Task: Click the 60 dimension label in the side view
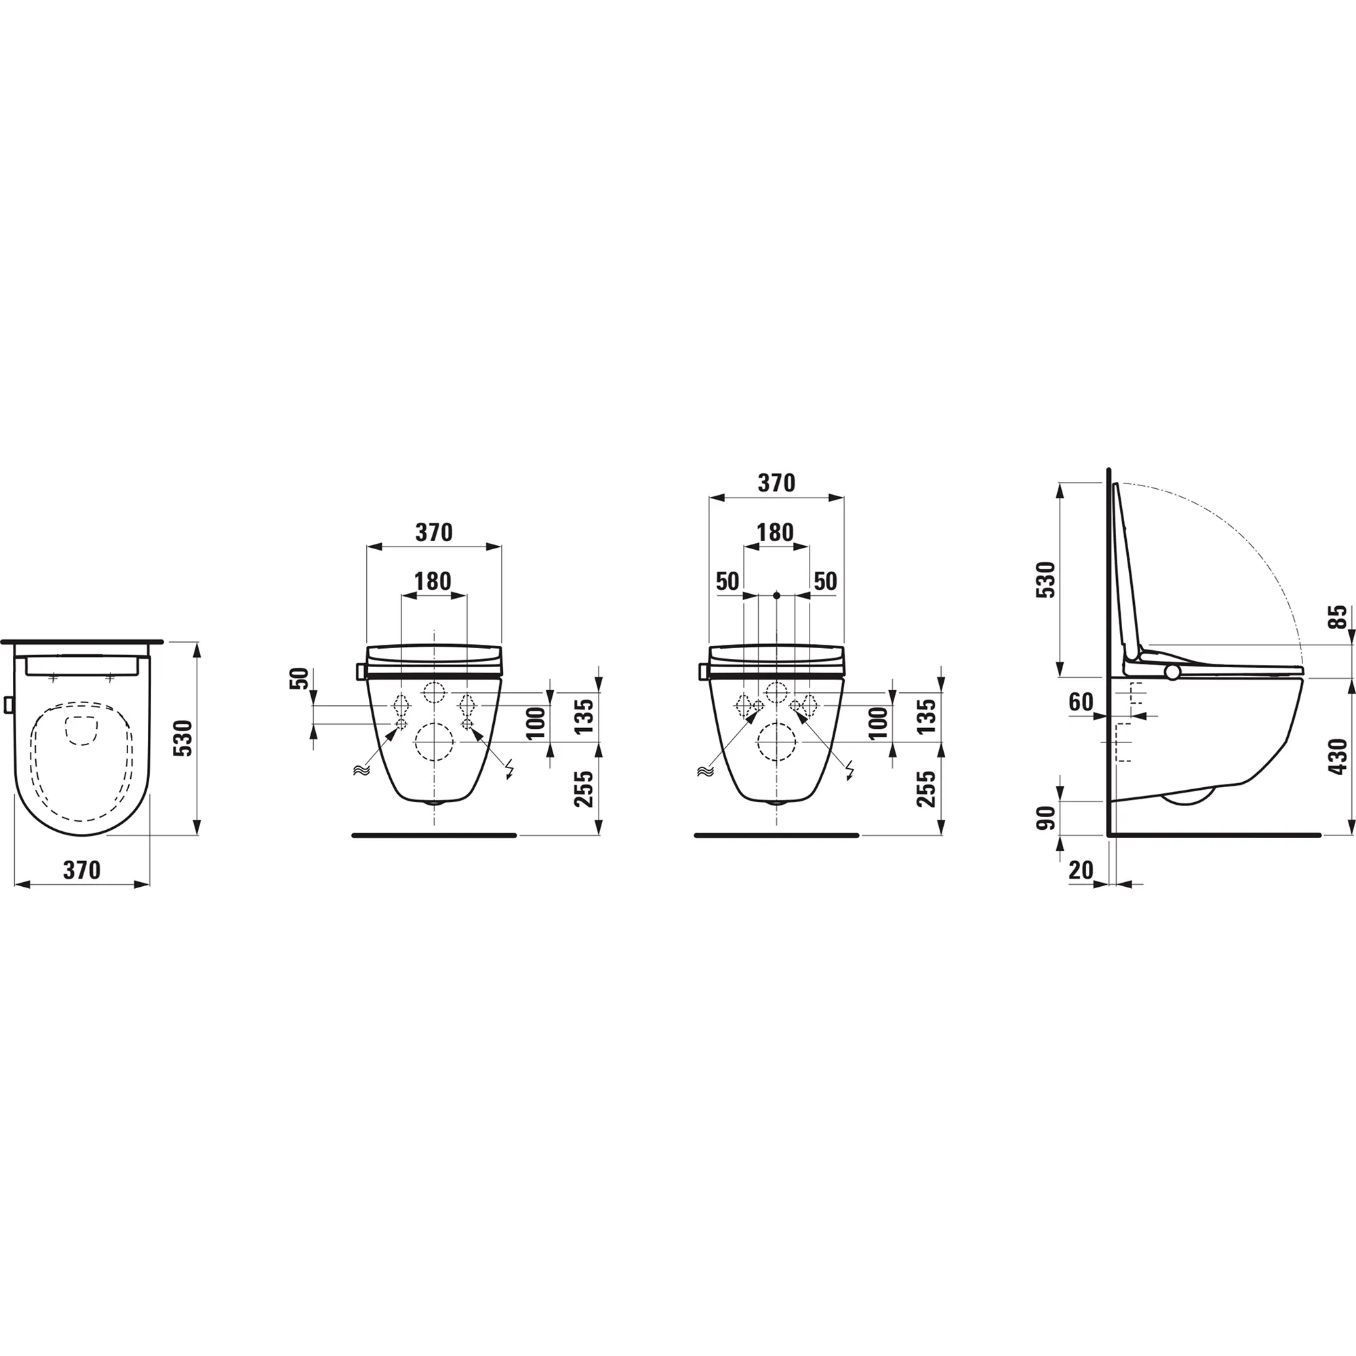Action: coord(1081,701)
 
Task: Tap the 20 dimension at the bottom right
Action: coord(1081,871)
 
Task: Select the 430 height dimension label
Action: coord(1338,756)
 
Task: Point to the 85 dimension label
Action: coord(1340,617)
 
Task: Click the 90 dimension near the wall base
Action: coord(1046,818)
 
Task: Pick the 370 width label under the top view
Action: coord(82,871)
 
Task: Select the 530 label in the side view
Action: coord(1046,580)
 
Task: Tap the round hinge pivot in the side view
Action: coord(1173,672)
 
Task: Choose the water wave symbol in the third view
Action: coord(703,772)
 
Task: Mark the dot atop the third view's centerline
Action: coord(776,596)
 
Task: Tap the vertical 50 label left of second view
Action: coord(300,679)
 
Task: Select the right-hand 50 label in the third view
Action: coord(825,581)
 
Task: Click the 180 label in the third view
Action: coord(776,534)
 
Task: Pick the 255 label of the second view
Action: coord(584,789)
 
